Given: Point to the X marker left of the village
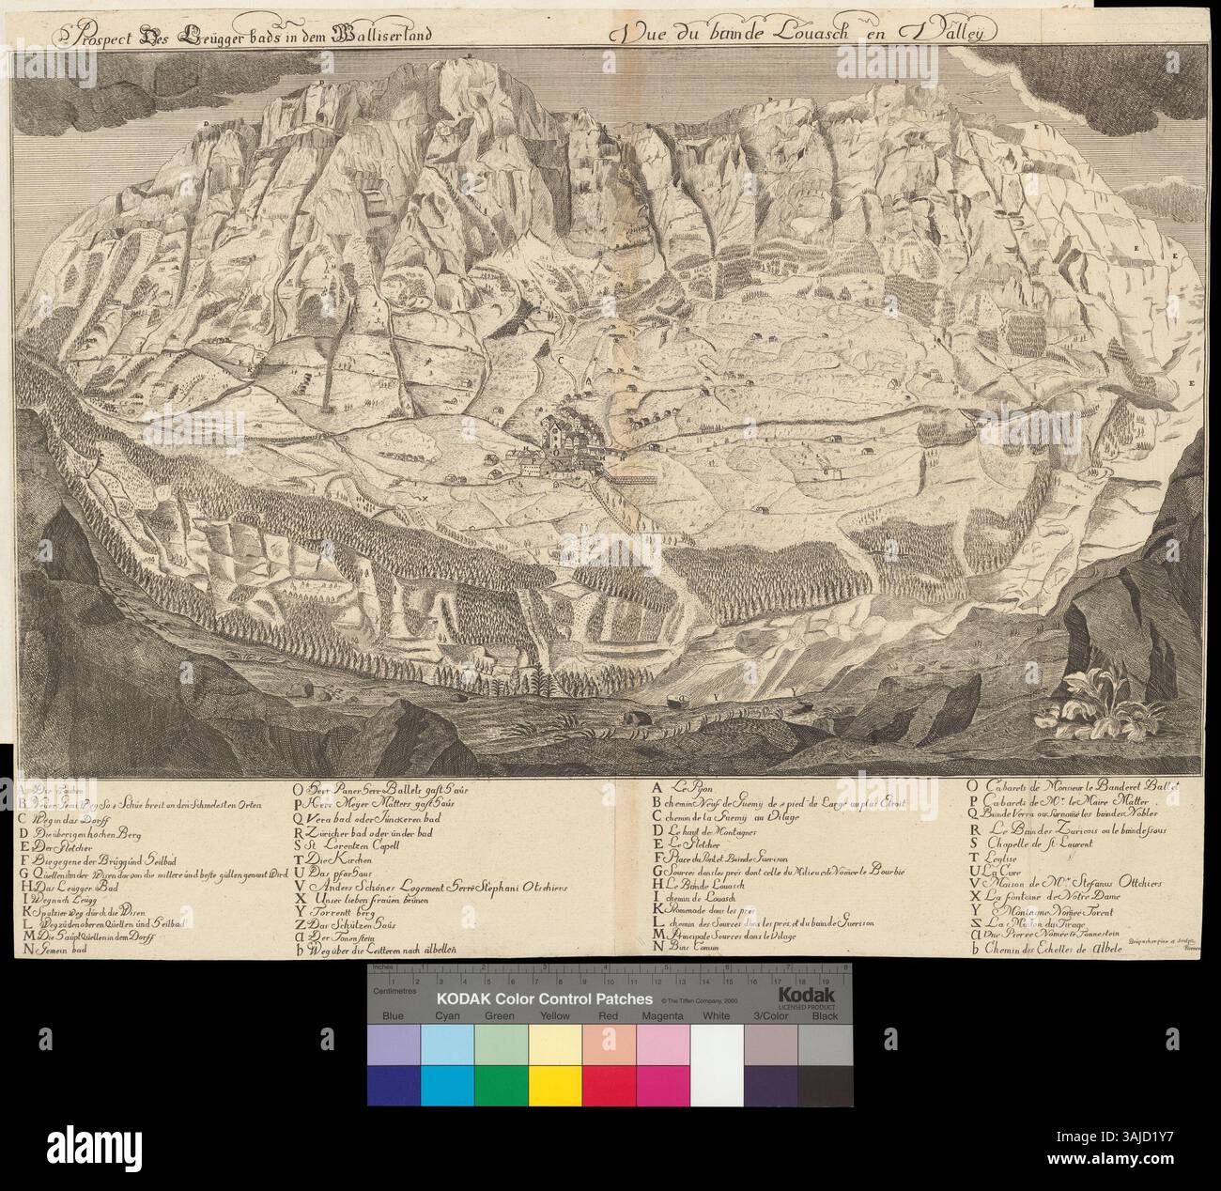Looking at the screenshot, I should click(x=424, y=499).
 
